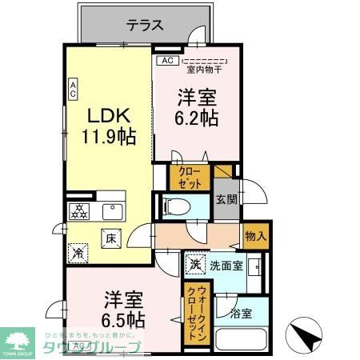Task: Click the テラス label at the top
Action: (145, 26)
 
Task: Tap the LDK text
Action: (108, 113)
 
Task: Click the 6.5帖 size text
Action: (123, 319)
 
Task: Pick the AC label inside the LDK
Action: (72, 90)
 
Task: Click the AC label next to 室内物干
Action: (166, 60)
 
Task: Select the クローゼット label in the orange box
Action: (190, 178)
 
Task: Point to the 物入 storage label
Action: (255, 236)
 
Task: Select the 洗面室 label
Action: (226, 265)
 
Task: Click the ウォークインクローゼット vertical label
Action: (194, 313)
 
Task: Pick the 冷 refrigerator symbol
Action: (78, 252)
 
